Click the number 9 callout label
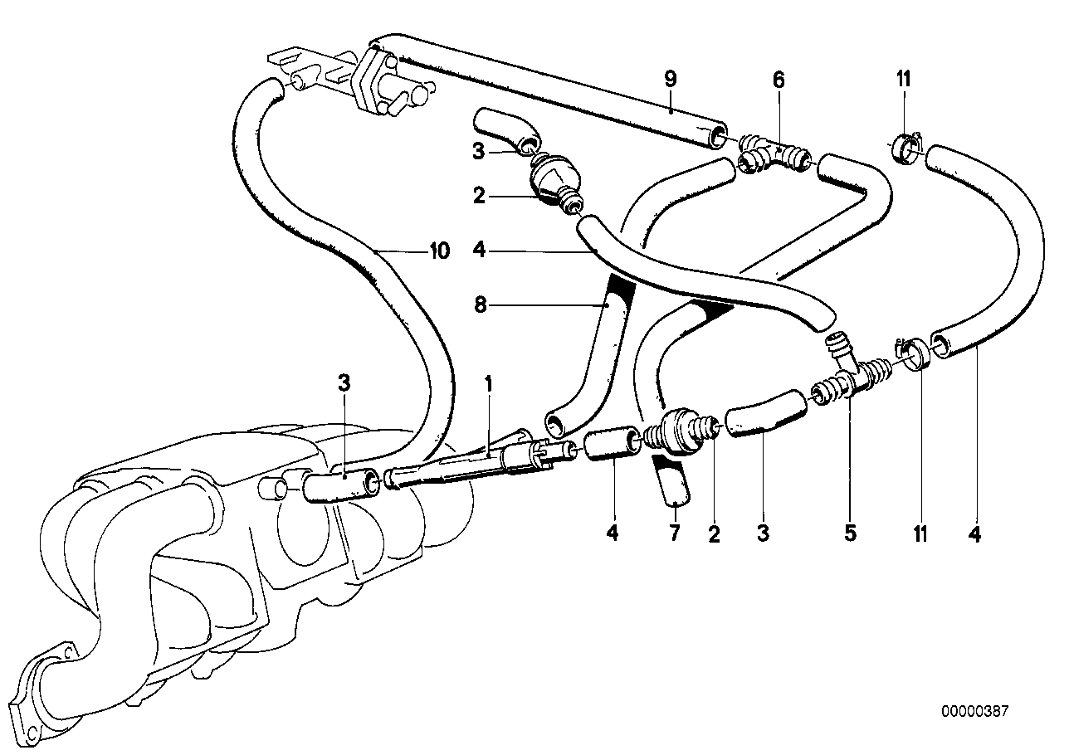(x=671, y=80)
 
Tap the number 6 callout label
(x=778, y=80)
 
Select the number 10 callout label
(x=439, y=251)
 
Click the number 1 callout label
(x=490, y=385)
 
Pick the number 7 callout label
(x=674, y=532)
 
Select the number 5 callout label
(x=850, y=532)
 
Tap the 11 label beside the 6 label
(x=903, y=80)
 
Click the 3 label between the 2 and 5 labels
(x=763, y=532)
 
